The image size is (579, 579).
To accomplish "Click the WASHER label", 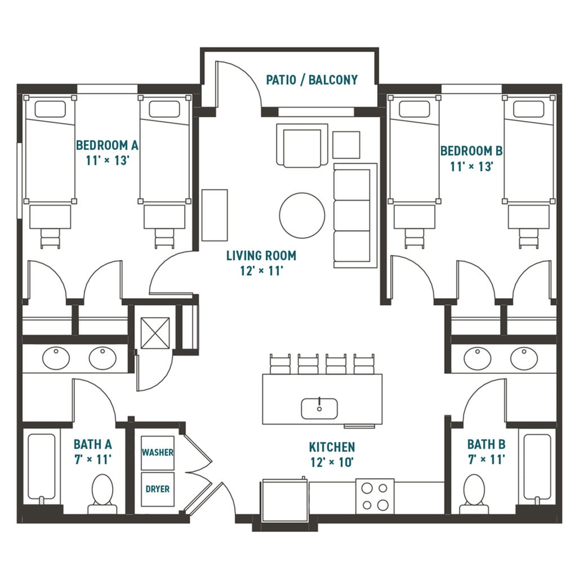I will (157, 452).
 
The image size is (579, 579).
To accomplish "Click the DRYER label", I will (157, 489).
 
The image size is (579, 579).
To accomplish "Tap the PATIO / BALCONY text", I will (311, 80).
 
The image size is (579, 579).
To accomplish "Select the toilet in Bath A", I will (103, 493).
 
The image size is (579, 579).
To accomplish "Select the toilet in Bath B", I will (473, 493).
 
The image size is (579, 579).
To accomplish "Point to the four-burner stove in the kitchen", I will (375, 496).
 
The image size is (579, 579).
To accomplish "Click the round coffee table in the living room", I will (302, 215).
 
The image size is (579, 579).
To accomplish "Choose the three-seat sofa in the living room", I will (354, 215).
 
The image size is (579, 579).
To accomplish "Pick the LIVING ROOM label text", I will (261, 256).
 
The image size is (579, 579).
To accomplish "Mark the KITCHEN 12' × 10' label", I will (332, 454).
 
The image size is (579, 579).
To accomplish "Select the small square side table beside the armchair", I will (346, 145).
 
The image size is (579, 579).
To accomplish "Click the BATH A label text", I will (92, 444).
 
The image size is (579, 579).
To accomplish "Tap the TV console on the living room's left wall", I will (215, 215).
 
